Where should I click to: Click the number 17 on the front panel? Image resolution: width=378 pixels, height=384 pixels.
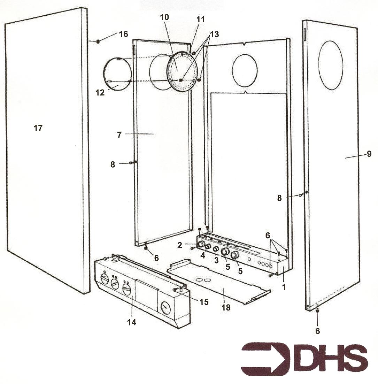[38, 128]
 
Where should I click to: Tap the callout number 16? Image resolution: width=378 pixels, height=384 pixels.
[123, 34]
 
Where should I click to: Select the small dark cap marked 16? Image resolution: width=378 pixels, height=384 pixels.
[98, 41]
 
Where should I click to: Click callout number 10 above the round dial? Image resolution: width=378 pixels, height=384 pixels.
[164, 17]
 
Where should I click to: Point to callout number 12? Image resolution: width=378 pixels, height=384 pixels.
[100, 93]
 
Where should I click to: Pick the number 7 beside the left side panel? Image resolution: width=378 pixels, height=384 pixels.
[119, 135]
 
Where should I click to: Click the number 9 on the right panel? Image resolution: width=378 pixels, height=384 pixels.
[369, 154]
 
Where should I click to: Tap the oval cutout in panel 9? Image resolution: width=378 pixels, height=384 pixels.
[331, 65]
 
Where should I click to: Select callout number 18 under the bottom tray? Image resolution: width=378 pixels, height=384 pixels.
[226, 307]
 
